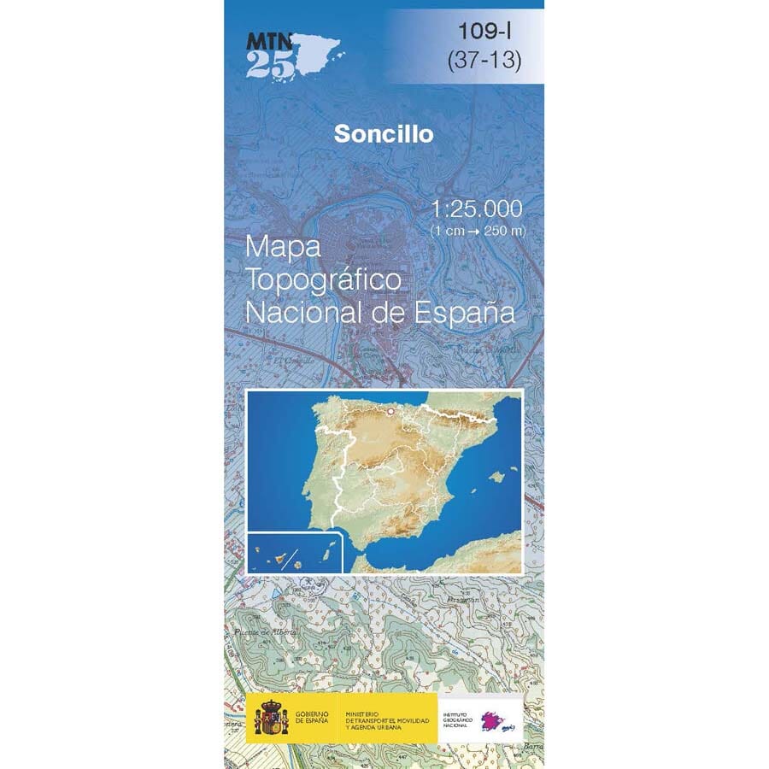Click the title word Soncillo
pyautogui.click(x=384, y=134)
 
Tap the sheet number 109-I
pyautogui.click(x=484, y=32)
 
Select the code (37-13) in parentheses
pyautogui.click(x=484, y=62)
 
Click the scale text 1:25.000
pyautogui.click(x=477, y=208)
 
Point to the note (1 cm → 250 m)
pyautogui.click(x=478, y=231)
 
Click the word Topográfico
pyautogui.click(x=323, y=280)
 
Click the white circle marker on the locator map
pyautogui.click(x=390, y=411)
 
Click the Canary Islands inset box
pyautogui.click(x=294, y=552)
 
